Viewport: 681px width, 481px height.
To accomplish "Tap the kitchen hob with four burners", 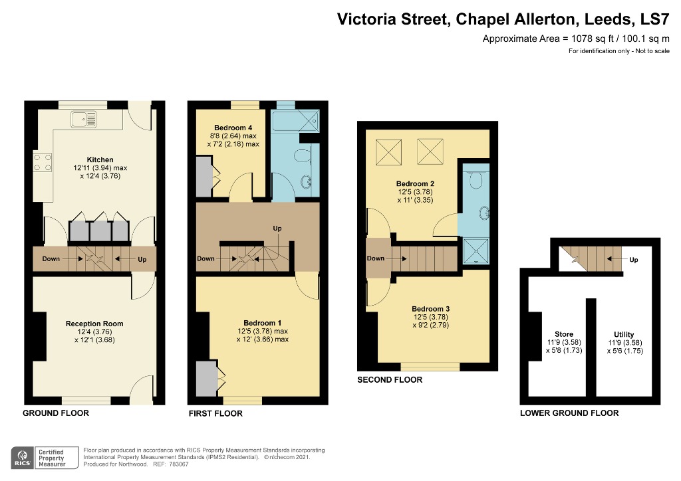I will point(43,162).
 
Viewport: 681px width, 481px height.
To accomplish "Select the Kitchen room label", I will point(100,159).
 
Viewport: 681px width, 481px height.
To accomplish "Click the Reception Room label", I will point(94,324).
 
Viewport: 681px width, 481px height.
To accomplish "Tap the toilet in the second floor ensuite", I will point(475,178).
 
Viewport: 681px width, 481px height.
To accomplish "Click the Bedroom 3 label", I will point(430,309).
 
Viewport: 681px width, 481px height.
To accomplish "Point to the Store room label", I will point(563,334).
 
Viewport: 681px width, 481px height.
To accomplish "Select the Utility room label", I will point(624,334).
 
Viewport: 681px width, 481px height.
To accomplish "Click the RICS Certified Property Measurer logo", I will point(42,457).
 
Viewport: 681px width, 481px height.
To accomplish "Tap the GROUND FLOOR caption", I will point(56,413).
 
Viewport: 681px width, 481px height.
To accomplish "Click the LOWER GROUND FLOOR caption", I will point(569,413).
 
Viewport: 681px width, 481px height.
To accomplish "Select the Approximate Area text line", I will point(576,39).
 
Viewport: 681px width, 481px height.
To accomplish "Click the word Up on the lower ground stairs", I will point(633,260).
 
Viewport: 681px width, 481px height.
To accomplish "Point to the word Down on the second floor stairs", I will point(376,258).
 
